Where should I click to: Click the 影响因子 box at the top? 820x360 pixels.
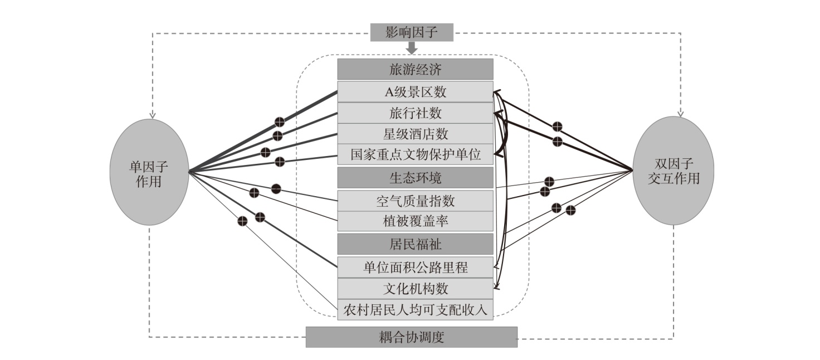(412, 32)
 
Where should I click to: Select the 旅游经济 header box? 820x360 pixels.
(415, 69)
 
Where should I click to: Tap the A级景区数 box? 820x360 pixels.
(415, 91)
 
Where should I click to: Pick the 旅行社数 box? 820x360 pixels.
(415, 113)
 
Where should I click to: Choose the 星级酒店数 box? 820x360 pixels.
(415, 134)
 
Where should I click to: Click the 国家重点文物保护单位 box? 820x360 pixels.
(415, 154)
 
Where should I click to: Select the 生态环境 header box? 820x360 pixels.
(415, 178)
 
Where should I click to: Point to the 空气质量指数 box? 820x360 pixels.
(415, 201)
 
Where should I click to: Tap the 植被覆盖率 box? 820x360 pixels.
(415, 221)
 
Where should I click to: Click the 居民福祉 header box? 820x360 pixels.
(415, 244)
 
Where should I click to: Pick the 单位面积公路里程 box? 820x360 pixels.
(415, 267)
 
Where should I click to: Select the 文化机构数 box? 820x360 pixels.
(415, 289)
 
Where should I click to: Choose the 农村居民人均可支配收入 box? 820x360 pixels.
(415, 310)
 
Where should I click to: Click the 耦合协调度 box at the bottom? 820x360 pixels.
(412, 337)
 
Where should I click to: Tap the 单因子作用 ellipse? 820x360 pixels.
(149, 172)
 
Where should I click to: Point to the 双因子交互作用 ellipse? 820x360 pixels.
(673, 171)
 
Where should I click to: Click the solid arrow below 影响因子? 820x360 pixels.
(412, 48)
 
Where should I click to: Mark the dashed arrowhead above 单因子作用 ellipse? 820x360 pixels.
(153, 116)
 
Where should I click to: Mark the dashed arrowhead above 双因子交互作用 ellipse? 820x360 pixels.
(681, 114)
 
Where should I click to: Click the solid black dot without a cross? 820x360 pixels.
(276, 189)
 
